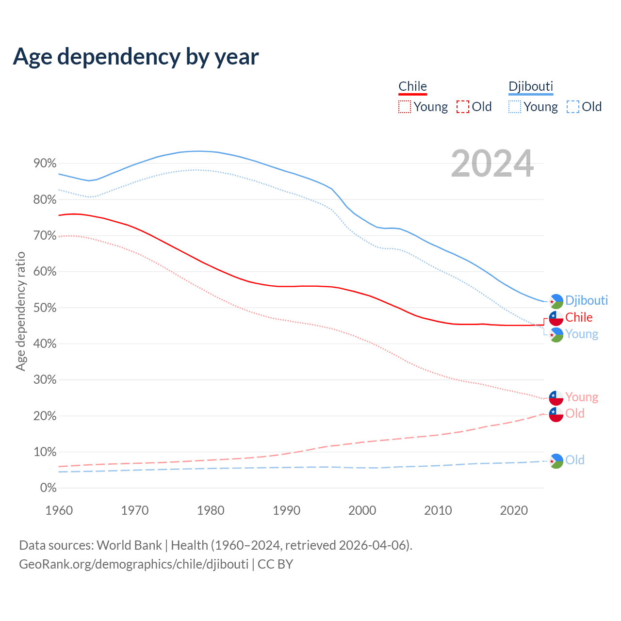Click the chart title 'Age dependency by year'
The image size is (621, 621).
click(136, 57)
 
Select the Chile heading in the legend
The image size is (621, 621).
click(412, 86)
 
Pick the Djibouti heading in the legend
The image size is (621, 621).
click(531, 86)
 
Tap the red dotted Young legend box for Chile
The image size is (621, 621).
click(404, 107)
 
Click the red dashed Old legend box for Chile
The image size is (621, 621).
click(462, 107)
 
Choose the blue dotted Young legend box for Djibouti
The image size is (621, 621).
click(514, 107)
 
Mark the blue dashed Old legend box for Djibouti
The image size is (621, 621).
click(572, 107)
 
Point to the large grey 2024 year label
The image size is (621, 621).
click(492, 163)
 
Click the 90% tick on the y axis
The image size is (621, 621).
click(45, 163)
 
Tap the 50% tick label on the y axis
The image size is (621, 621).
click(45, 308)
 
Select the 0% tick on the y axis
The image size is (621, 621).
click(48, 488)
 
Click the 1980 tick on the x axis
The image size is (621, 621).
click(211, 510)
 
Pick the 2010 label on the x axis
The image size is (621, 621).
click(438, 510)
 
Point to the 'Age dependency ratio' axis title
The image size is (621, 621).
click(20, 311)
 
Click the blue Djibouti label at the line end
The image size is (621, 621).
click(587, 300)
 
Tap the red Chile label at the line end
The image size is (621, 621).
click(579, 317)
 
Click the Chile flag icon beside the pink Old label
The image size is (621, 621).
click(556, 414)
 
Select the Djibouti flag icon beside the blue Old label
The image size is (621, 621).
click(556, 461)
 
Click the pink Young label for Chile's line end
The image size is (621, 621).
click(582, 397)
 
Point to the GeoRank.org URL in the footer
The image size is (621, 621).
click(133, 564)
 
